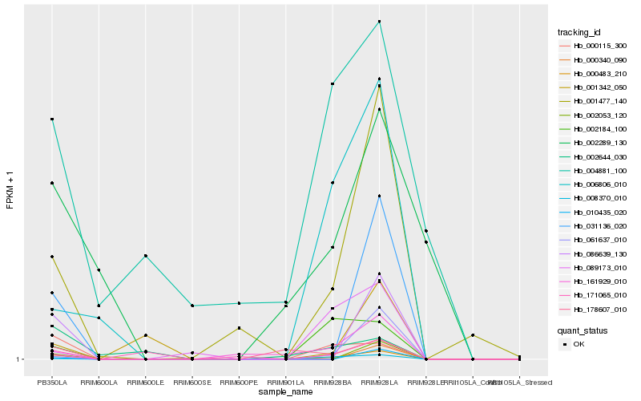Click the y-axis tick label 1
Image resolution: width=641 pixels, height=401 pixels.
pos(19,359)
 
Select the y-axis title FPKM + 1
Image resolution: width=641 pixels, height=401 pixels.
pos(10,191)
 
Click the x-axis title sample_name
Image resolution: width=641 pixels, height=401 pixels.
pos(285,392)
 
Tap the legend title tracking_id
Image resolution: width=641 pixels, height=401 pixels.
pos(579,32)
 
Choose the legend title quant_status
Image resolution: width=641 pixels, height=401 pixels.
pos(583,330)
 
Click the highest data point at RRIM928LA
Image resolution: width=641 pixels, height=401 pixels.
pos(379,22)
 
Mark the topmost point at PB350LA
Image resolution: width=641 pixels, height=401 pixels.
pos(52,119)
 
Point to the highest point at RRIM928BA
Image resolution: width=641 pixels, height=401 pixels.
pos(333,83)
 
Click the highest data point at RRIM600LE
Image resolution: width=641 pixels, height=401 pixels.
pos(145,256)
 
